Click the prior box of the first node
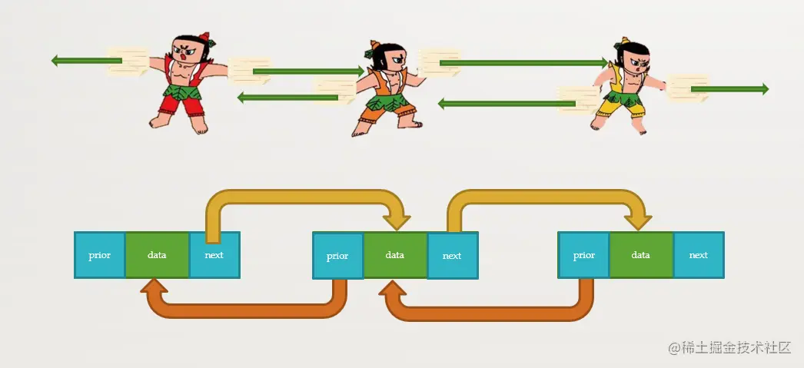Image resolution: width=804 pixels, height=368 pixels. click(99, 255)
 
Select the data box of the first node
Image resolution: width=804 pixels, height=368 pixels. click(157, 255)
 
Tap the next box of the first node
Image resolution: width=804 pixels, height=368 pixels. click(214, 255)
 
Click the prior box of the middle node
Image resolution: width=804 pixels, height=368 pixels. click(337, 257)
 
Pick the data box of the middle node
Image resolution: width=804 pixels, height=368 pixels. click(395, 255)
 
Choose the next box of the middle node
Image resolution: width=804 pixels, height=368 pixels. click(452, 257)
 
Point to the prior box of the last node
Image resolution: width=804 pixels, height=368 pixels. click(583, 255)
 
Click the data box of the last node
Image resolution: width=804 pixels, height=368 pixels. click(641, 255)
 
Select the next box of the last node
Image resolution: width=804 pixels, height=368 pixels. click(699, 255)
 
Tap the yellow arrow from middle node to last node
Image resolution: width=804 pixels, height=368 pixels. click(546, 198)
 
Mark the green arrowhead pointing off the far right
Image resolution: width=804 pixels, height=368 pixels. click(762, 89)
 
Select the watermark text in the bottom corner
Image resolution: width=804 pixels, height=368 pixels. click(729, 347)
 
